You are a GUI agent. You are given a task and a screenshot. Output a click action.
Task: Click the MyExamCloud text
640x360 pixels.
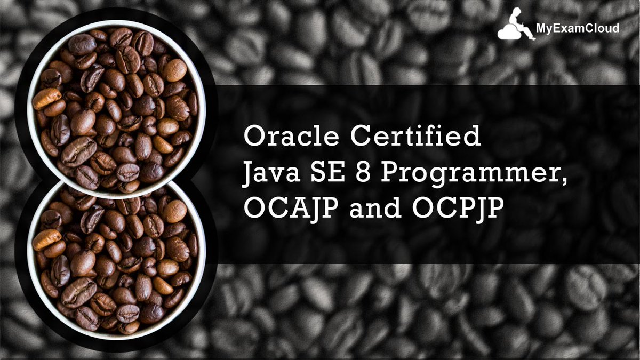pyautogui.click(x=578, y=29)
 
